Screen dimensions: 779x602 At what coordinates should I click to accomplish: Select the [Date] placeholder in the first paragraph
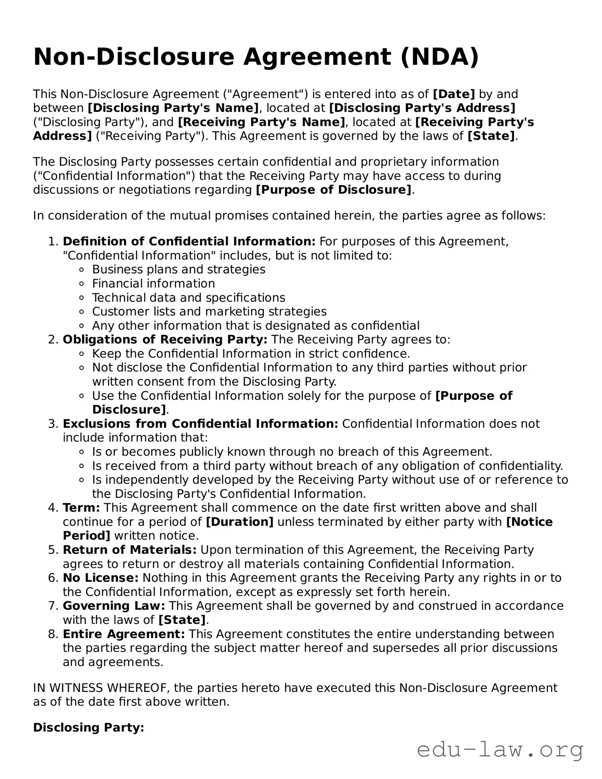pyautogui.click(x=453, y=94)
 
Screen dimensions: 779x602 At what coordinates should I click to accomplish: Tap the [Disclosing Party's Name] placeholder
pyautogui.click(x=173, y=108)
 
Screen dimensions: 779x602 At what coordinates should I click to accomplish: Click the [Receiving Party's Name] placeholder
pyautogui.click(x=261, y=122)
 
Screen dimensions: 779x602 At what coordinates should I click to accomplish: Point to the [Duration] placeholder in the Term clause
pyautogui.click(x=240, y=522)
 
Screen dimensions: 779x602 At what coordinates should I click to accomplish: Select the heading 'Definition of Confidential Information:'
pyautogui.click(x=189, y=242)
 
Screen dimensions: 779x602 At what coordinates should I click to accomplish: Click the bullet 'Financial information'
pyautogui.click(x=153, y=284)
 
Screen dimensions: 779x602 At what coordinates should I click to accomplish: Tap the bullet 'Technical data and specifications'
pyautogui.click(x=188, y=298)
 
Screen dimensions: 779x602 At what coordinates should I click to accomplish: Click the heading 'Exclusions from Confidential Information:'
pyautogui.click(x=200, y=424)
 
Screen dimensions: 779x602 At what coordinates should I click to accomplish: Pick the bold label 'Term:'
pyautogui.click(x=81, y=508)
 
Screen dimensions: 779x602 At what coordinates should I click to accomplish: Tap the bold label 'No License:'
pyautogui.click(x=101, y=578)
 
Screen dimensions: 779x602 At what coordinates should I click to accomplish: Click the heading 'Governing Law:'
pyautogui.click(x=114, y=606)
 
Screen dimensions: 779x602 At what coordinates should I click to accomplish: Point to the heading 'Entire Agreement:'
pyautogui.click(x=124, y=634)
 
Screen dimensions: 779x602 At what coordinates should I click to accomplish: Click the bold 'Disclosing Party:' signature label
pyautogui.click(x=88, y=727)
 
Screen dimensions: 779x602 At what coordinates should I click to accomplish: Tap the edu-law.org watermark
pyautogui.click(x=500, y=750)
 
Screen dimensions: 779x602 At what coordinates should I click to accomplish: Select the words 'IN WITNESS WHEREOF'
pyautogui.click(x=101, y=688)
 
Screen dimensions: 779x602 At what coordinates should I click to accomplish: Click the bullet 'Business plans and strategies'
pyautogui.click(x=179, y=270)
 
